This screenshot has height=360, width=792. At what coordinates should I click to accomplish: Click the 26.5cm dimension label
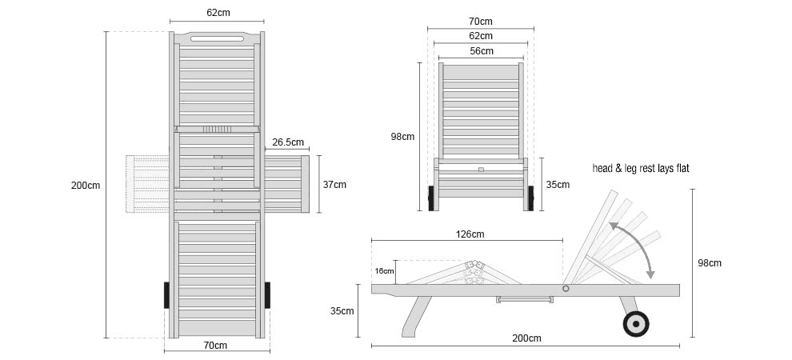[288, 142]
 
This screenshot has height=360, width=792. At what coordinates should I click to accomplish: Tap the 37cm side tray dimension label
[334, 185]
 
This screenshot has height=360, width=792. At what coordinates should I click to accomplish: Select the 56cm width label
[481, 51]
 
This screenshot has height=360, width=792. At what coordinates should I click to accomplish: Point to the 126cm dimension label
[470, 234]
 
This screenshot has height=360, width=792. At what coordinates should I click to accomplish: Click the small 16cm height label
[384, 271]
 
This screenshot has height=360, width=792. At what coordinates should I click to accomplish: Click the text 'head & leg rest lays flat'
[641, 169]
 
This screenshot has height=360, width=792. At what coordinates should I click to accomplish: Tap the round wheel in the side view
[635, 324]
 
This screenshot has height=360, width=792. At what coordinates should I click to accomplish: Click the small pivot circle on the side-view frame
[566, 289]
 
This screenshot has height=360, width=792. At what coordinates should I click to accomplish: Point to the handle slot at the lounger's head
[217, 39]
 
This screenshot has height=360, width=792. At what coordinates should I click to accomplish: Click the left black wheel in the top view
[166, 295]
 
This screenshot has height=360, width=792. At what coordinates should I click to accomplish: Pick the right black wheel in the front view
[530, 198]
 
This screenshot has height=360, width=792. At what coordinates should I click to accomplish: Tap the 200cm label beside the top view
[86, 186]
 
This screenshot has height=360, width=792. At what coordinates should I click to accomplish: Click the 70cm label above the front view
[480, 22]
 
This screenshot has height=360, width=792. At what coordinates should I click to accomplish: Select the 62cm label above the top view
[218, 13]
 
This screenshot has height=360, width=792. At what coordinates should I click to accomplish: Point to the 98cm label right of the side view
[710, 263]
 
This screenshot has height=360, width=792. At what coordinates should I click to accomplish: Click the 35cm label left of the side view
[342, 311]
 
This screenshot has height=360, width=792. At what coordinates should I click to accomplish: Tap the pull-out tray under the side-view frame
[525, 299]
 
